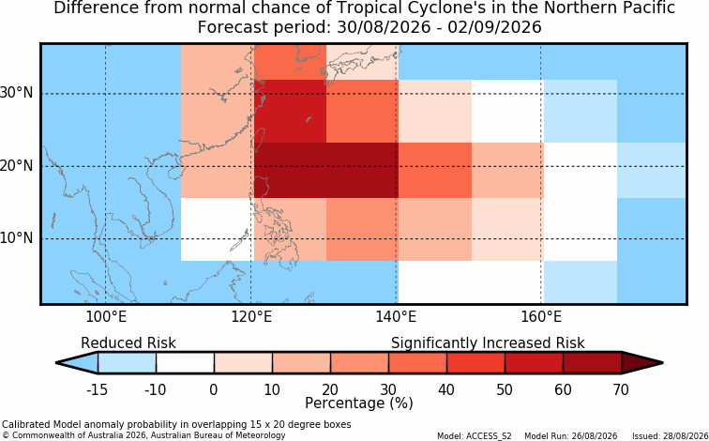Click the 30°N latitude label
tap(17, 93)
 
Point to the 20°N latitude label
tap(17, 165)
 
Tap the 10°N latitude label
tap(17, 238)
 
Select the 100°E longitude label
tap(106, 317)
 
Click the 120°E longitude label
tap(251, 317)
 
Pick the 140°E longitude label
tap(396, 317)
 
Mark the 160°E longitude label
tap(541, 317)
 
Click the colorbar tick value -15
tap(97, 389)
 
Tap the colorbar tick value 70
tap(621, 389)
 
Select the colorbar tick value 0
tap(214, 389)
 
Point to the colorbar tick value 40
tap(446, 389)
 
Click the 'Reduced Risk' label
tap(128, 343)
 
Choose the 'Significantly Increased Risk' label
tap(488, 343)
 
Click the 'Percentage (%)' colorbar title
tap(359, 403)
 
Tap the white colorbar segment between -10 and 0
tap(185, 363)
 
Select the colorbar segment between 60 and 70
tap(593, 363)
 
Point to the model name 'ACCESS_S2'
tap(494, 436)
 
